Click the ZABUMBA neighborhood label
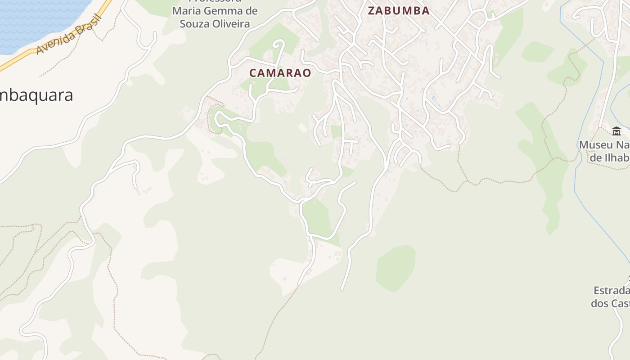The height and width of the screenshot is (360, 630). [x=399, y=11]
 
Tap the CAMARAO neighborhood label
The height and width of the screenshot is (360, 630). [x=280, y=73]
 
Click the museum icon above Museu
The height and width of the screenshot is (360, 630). [x=616, y=131]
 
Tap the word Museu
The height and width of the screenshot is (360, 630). [x=595, y=145]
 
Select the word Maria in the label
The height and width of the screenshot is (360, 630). [x=186, y=11]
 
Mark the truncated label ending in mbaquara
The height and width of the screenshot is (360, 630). [x=36, y=95]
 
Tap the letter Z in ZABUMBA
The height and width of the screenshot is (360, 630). [x=372, y=11]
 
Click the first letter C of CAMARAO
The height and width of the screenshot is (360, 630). [x=253, y=73]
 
